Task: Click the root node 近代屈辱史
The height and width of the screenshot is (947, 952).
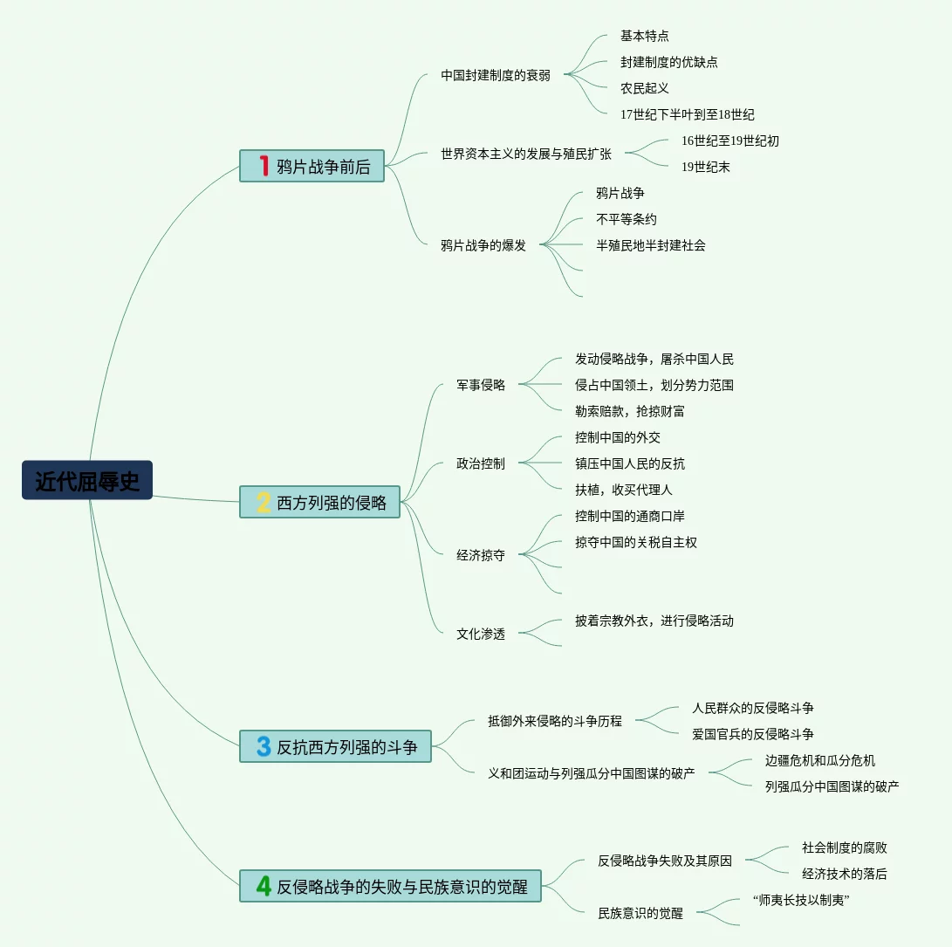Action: coord(87,480)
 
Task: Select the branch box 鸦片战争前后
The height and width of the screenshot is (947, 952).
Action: coord(312,166)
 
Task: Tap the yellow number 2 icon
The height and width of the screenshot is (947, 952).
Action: coord(264,502)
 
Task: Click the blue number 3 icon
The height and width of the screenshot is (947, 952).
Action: coord(264,746)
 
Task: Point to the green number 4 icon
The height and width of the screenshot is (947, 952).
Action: coord(264,886)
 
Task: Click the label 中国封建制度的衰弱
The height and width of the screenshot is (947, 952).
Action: coord(496,75)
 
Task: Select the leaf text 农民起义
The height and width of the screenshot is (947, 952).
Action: coord(645,88)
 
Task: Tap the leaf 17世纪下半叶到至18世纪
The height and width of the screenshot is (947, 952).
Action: coord(688,114)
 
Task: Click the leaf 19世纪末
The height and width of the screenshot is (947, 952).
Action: coord(706,167)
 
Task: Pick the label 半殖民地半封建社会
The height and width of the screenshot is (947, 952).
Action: coord(651,245)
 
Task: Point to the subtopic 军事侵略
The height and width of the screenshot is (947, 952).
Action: coord(481,385)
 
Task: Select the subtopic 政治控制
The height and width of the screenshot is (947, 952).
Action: coord(481,463)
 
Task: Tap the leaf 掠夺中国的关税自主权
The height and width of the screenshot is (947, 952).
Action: coord(636,542)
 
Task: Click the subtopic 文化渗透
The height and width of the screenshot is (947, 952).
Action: coord(481,634)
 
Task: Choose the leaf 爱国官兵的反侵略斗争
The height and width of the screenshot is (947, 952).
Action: coord(753,734)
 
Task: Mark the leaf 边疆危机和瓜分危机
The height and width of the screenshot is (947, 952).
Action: coord(820,760)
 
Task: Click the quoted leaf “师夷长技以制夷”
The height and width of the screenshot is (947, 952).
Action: coord(801,900)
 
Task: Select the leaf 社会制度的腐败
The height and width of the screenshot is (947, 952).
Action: coord(845,847)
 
